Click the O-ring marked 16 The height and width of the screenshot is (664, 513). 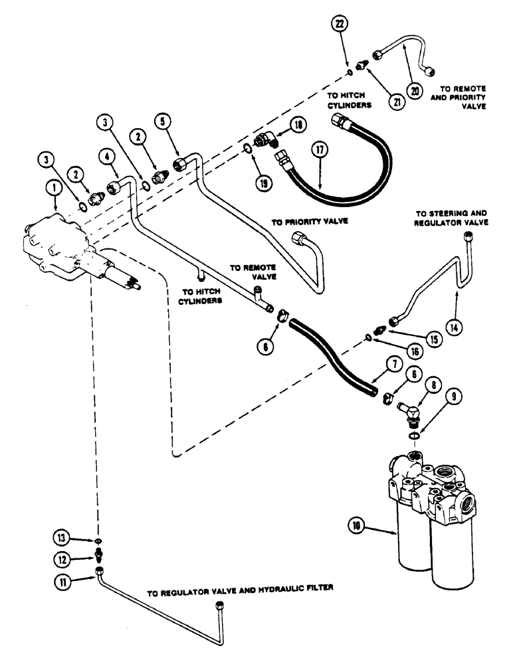[369, 337]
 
